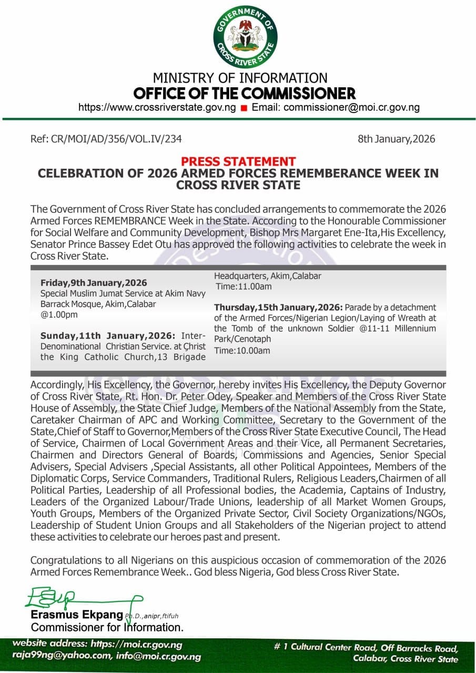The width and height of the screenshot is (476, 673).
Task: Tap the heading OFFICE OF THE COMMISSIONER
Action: [x=245, y=94]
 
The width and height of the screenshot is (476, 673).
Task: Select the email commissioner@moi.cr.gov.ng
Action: [x=352, y=108]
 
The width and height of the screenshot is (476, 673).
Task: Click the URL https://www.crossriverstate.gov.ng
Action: [x=157, y=108]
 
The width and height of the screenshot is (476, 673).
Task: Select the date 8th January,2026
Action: [x=396, y=139]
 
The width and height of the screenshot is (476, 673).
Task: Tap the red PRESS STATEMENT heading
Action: [x=238, y=161]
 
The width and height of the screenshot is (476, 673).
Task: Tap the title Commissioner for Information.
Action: [x=107, y=627]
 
